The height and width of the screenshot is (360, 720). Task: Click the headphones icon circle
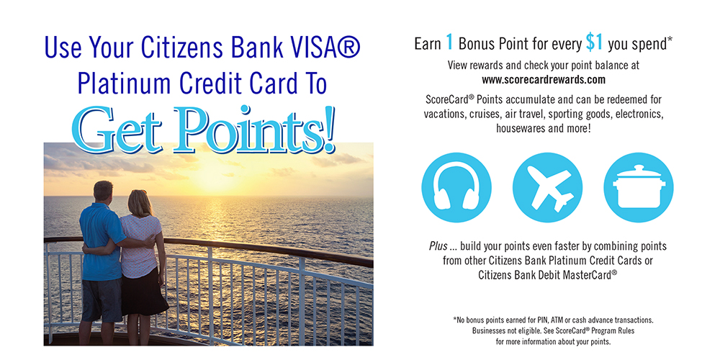pos(456,188)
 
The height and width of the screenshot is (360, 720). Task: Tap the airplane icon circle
pos(547,188)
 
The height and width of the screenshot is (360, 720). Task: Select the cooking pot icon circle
pos(638,188)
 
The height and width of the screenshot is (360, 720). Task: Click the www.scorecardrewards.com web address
pos(544,80)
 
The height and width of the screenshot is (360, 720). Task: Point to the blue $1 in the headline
pos(594,42)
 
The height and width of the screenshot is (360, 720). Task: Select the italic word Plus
pos(438,246)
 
